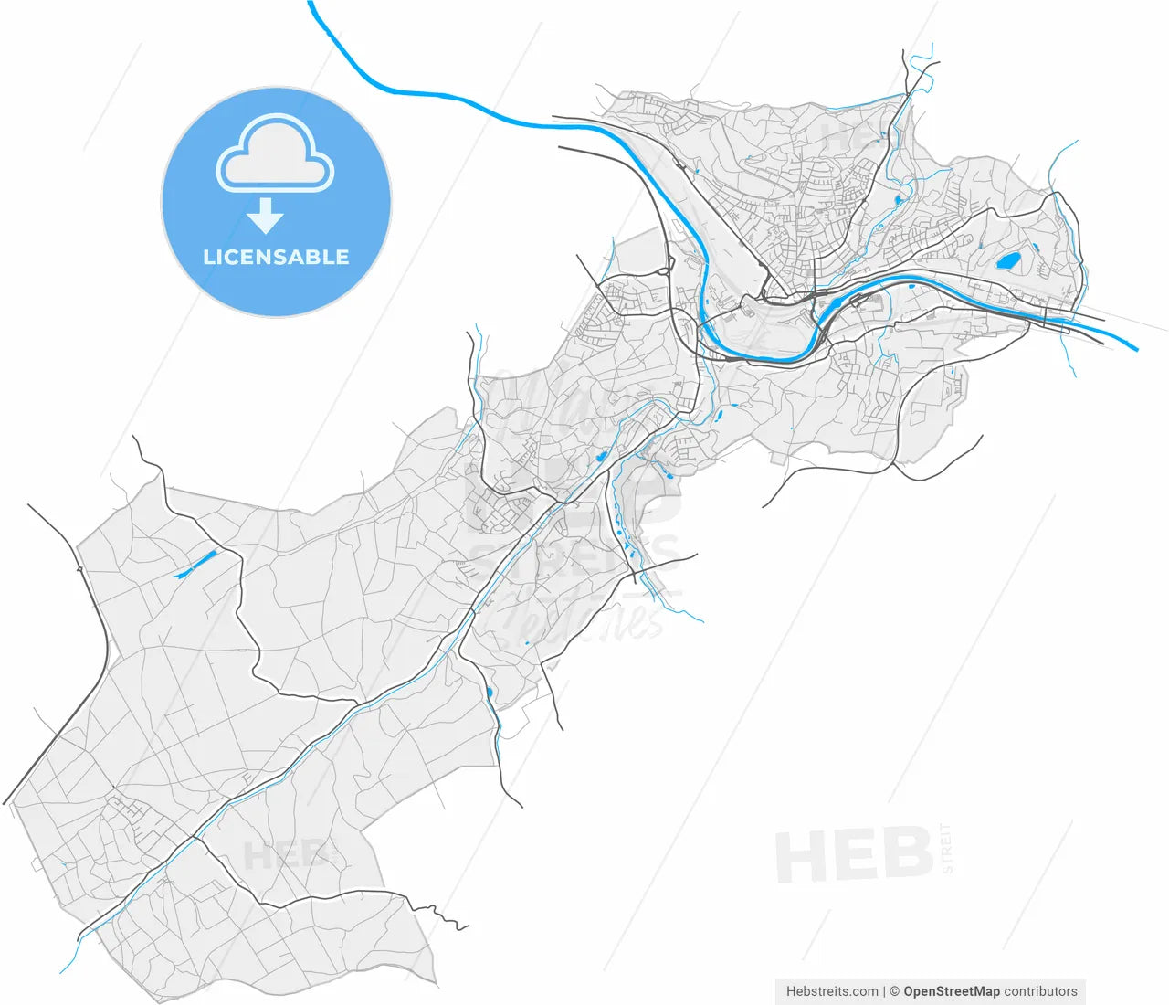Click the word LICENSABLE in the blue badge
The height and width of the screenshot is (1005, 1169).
click(276, 257)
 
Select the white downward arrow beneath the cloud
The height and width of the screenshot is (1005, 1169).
click(266, 216)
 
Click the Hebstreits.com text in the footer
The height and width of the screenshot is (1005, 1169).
click(832, 990)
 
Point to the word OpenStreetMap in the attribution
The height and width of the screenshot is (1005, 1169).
click(951, 990)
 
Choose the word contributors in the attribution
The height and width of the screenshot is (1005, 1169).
click(1040, 990)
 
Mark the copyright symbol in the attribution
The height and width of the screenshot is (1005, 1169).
click(895, 990)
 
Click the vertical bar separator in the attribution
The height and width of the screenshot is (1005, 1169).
click(884, 990)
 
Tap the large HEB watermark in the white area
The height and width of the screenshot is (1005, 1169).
click(853, 855)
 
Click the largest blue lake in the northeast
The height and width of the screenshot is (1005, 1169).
click(1008, 261)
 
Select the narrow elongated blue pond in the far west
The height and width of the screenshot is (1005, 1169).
click(194, 566)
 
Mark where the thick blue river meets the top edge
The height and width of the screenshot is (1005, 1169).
click(311, 4)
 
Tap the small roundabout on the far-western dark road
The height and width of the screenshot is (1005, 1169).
click(80, 569)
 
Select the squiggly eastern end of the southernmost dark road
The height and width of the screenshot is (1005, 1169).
click(442, 911)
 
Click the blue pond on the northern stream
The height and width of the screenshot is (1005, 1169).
click(898, 199)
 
